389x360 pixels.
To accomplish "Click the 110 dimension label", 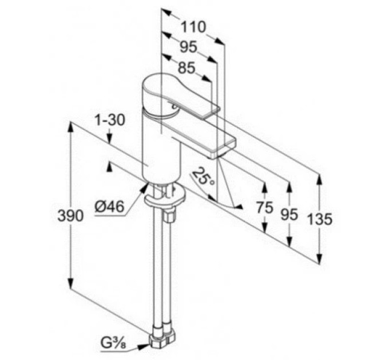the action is [193, 27].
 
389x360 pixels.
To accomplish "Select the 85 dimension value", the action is [186, 68].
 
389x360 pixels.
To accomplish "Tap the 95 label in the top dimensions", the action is [188, 47].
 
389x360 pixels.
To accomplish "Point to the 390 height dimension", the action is [70, 215].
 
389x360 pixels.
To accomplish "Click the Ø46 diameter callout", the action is [109, 207].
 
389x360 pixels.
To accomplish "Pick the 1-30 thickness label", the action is [110, 120].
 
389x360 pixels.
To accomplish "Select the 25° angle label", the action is [204, 176].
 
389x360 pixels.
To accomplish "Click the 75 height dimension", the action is [265, 207].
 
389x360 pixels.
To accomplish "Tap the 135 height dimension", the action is [320, 219].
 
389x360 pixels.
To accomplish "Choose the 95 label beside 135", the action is [289, 214].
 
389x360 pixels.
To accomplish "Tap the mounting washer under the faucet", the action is [164, 197].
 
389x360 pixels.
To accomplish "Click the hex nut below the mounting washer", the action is [169, 215].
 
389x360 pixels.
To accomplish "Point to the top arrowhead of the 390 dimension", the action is [71, 127].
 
